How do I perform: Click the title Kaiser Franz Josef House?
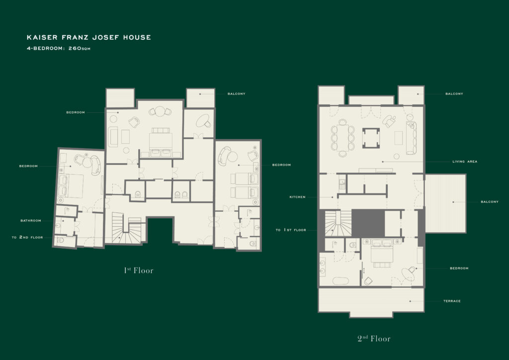[88, 37]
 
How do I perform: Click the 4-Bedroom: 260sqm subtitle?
[59, 48]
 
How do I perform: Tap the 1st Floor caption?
[139, 270]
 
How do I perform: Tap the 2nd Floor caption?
[374, 339]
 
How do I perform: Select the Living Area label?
[465, 161]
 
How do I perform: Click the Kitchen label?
[297, 197]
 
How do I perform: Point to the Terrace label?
[452, 301]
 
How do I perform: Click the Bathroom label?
[31, 221]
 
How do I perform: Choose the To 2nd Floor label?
[27, 237]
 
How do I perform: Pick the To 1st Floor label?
[291, 230]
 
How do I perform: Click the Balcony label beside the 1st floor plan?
[236, 94]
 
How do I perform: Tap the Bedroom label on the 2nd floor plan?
[459, 268]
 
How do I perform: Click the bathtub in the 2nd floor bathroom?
[340, 281]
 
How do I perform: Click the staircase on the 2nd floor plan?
[338, 224]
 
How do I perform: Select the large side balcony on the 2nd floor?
[445, 203]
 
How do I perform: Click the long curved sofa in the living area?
[411, 138]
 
